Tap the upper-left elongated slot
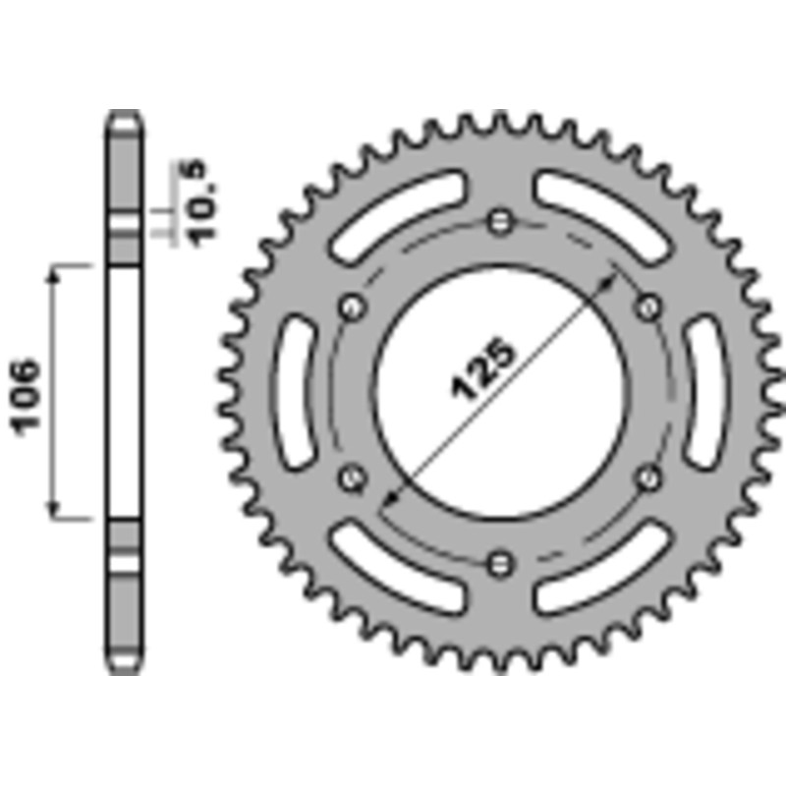pyautogui.click(x=398, y=215)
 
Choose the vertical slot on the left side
pyautogui.click(x=296, y=393)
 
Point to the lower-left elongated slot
pyautogui.click(x=398, y=569)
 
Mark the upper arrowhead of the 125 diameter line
pyautogui.click(x=616, y=282)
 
